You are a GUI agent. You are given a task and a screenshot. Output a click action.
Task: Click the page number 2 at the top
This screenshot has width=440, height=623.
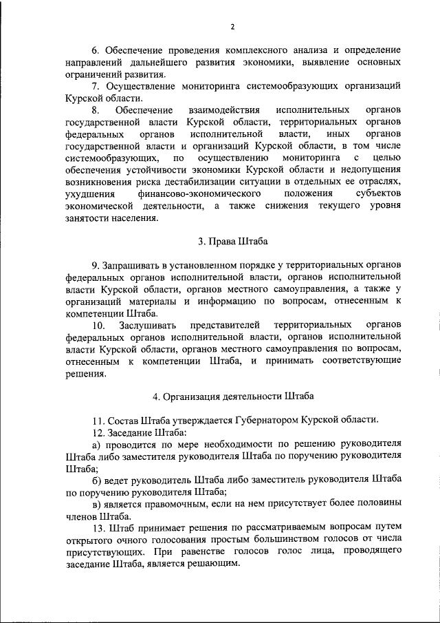click(232, 27)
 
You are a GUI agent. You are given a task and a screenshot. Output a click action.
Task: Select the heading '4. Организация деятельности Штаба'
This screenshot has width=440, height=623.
click(232, 397)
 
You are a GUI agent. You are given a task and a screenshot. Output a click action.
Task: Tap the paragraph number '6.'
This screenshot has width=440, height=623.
click(96, 50)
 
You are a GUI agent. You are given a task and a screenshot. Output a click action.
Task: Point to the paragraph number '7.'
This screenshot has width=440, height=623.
click(96, 86)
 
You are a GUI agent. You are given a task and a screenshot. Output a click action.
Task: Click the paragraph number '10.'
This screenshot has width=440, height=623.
click(98, 324)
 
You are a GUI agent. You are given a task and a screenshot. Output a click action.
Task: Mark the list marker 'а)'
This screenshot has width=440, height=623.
click(96, 444)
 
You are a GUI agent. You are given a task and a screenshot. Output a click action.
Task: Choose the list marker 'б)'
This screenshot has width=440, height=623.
click(96, 479)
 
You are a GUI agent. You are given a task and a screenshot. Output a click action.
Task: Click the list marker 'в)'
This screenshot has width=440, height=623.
click(96, 503)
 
